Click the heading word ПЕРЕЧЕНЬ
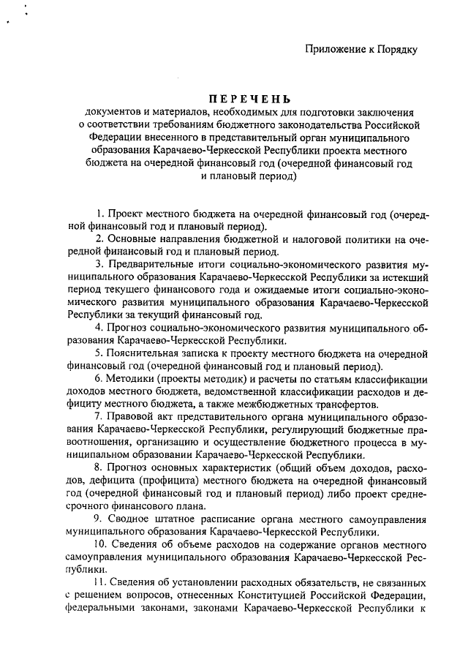point(249,99)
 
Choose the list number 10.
point(100,544)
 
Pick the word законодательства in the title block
point(279,124)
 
